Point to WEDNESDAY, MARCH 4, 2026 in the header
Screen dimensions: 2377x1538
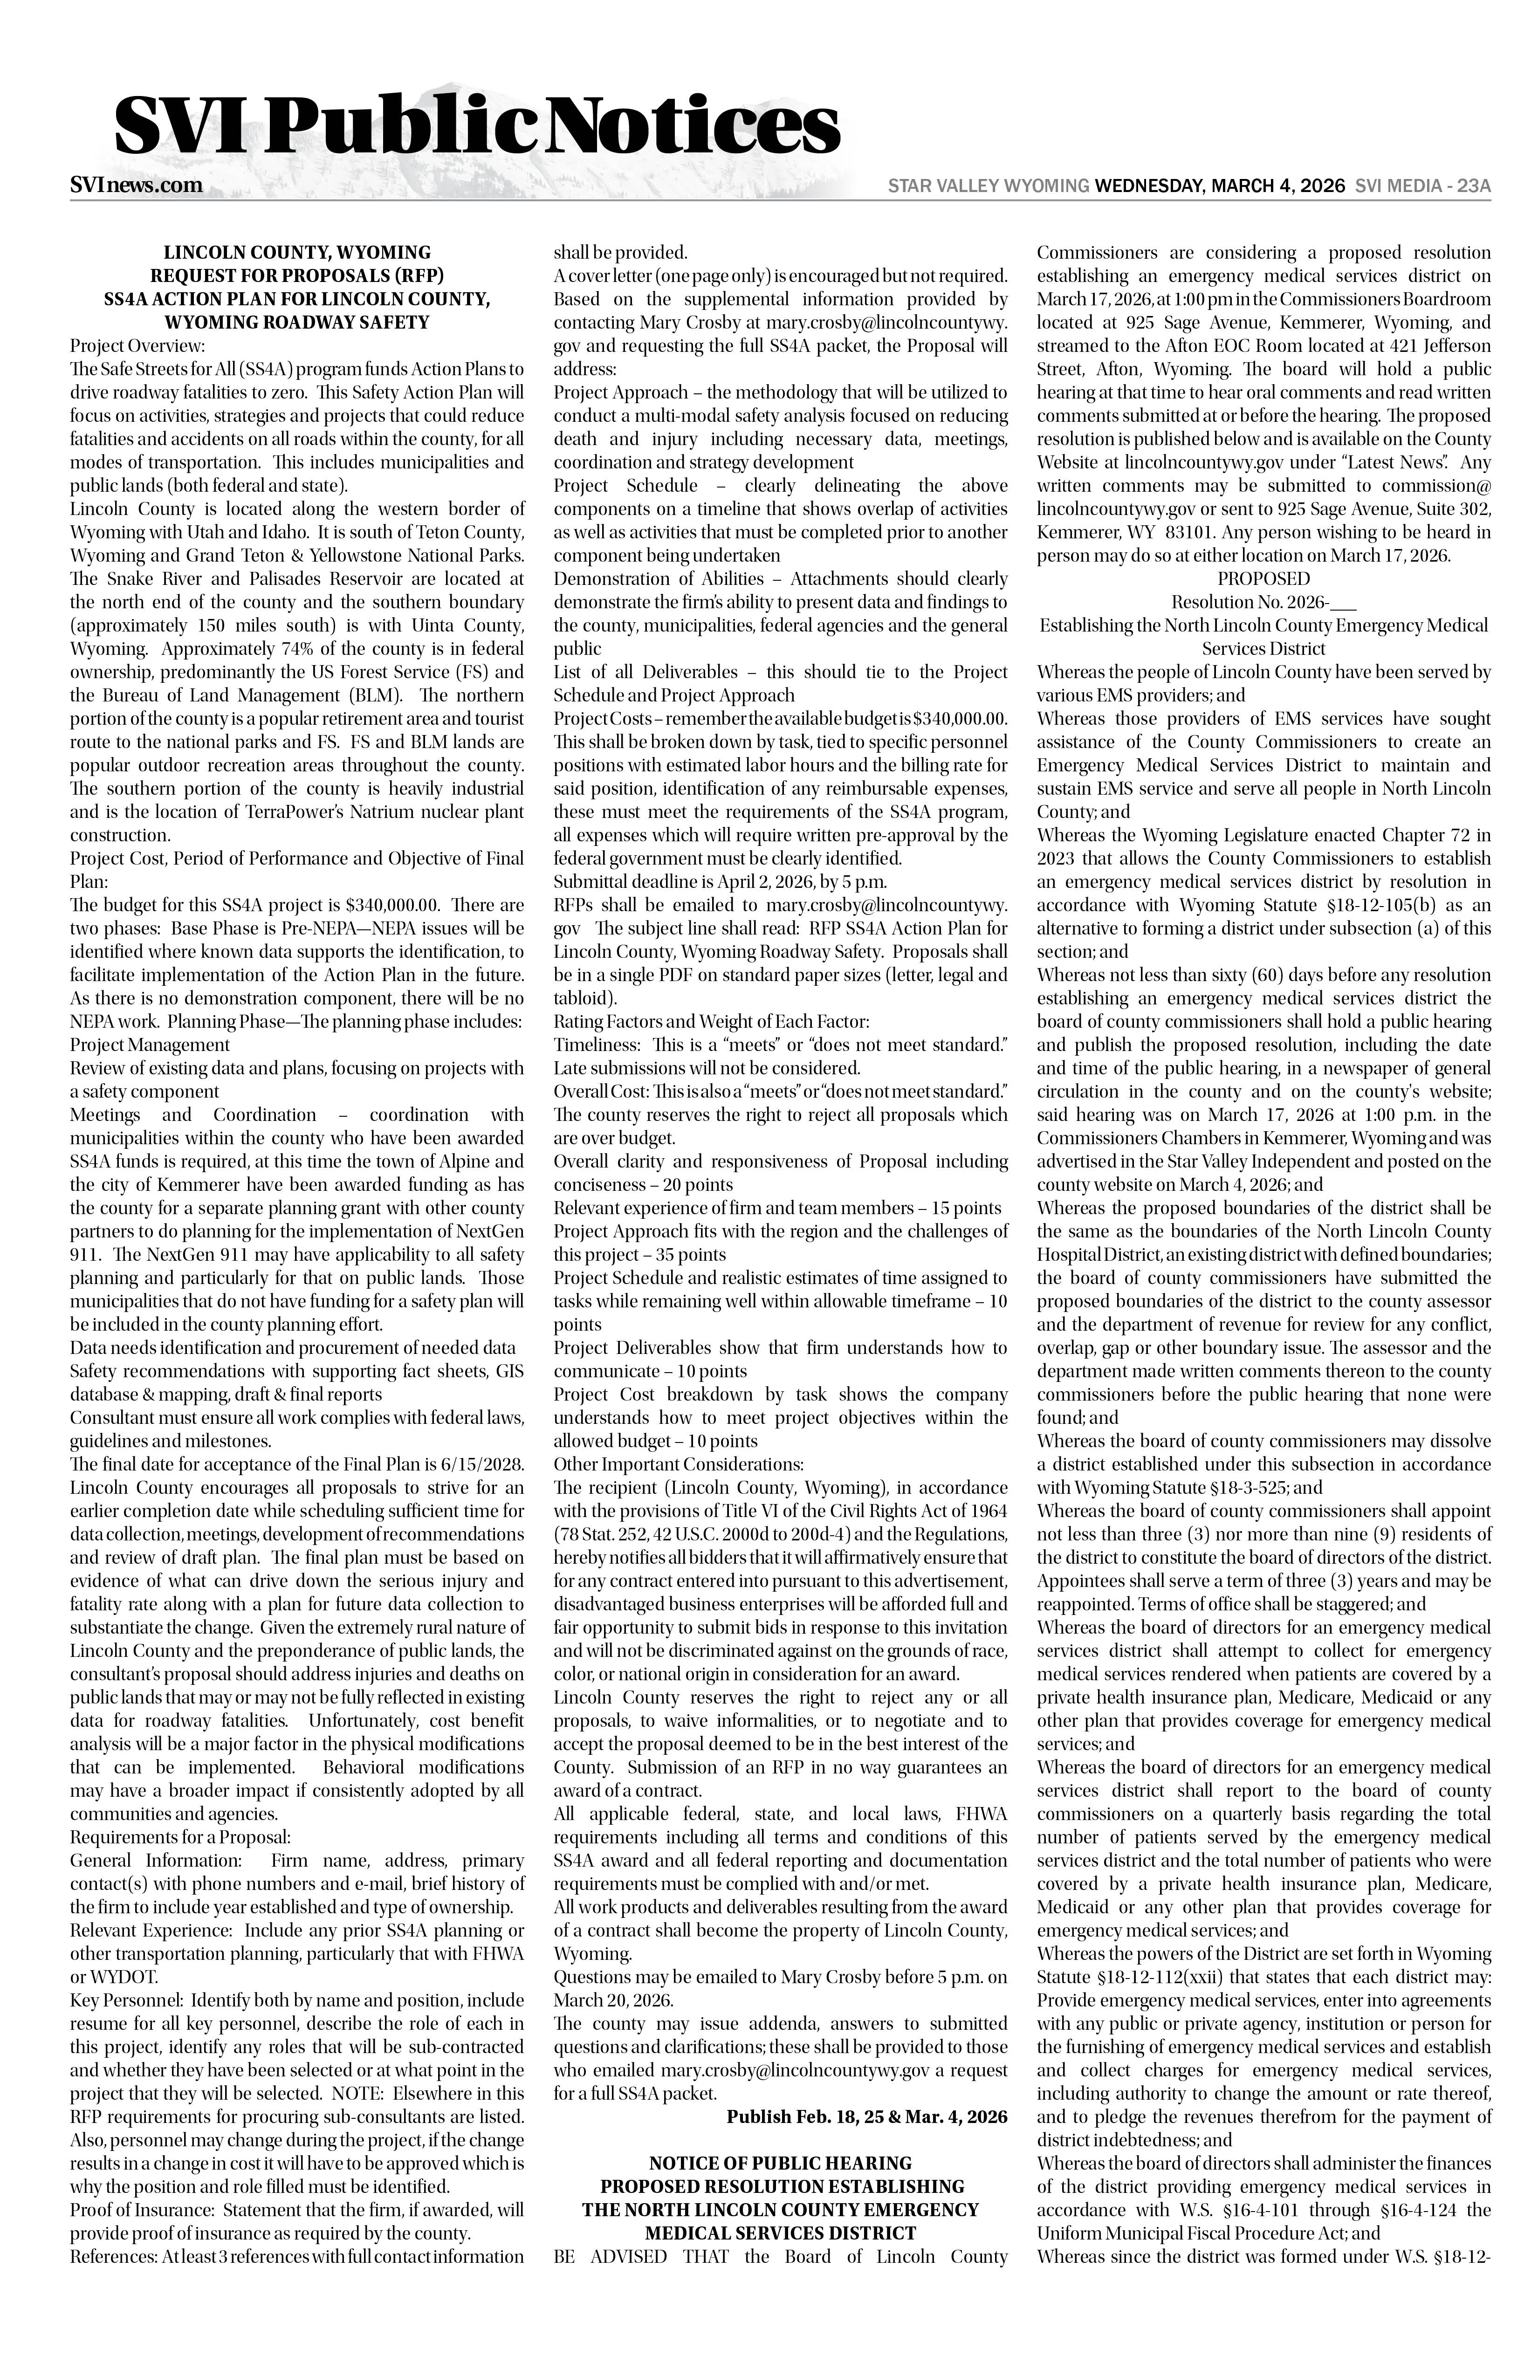point(1219,186)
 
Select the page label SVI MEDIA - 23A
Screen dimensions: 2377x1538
point(1422,186)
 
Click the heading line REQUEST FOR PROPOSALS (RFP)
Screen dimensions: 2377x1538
point(296,275)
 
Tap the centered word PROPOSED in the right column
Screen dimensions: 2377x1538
point(1263,578)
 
